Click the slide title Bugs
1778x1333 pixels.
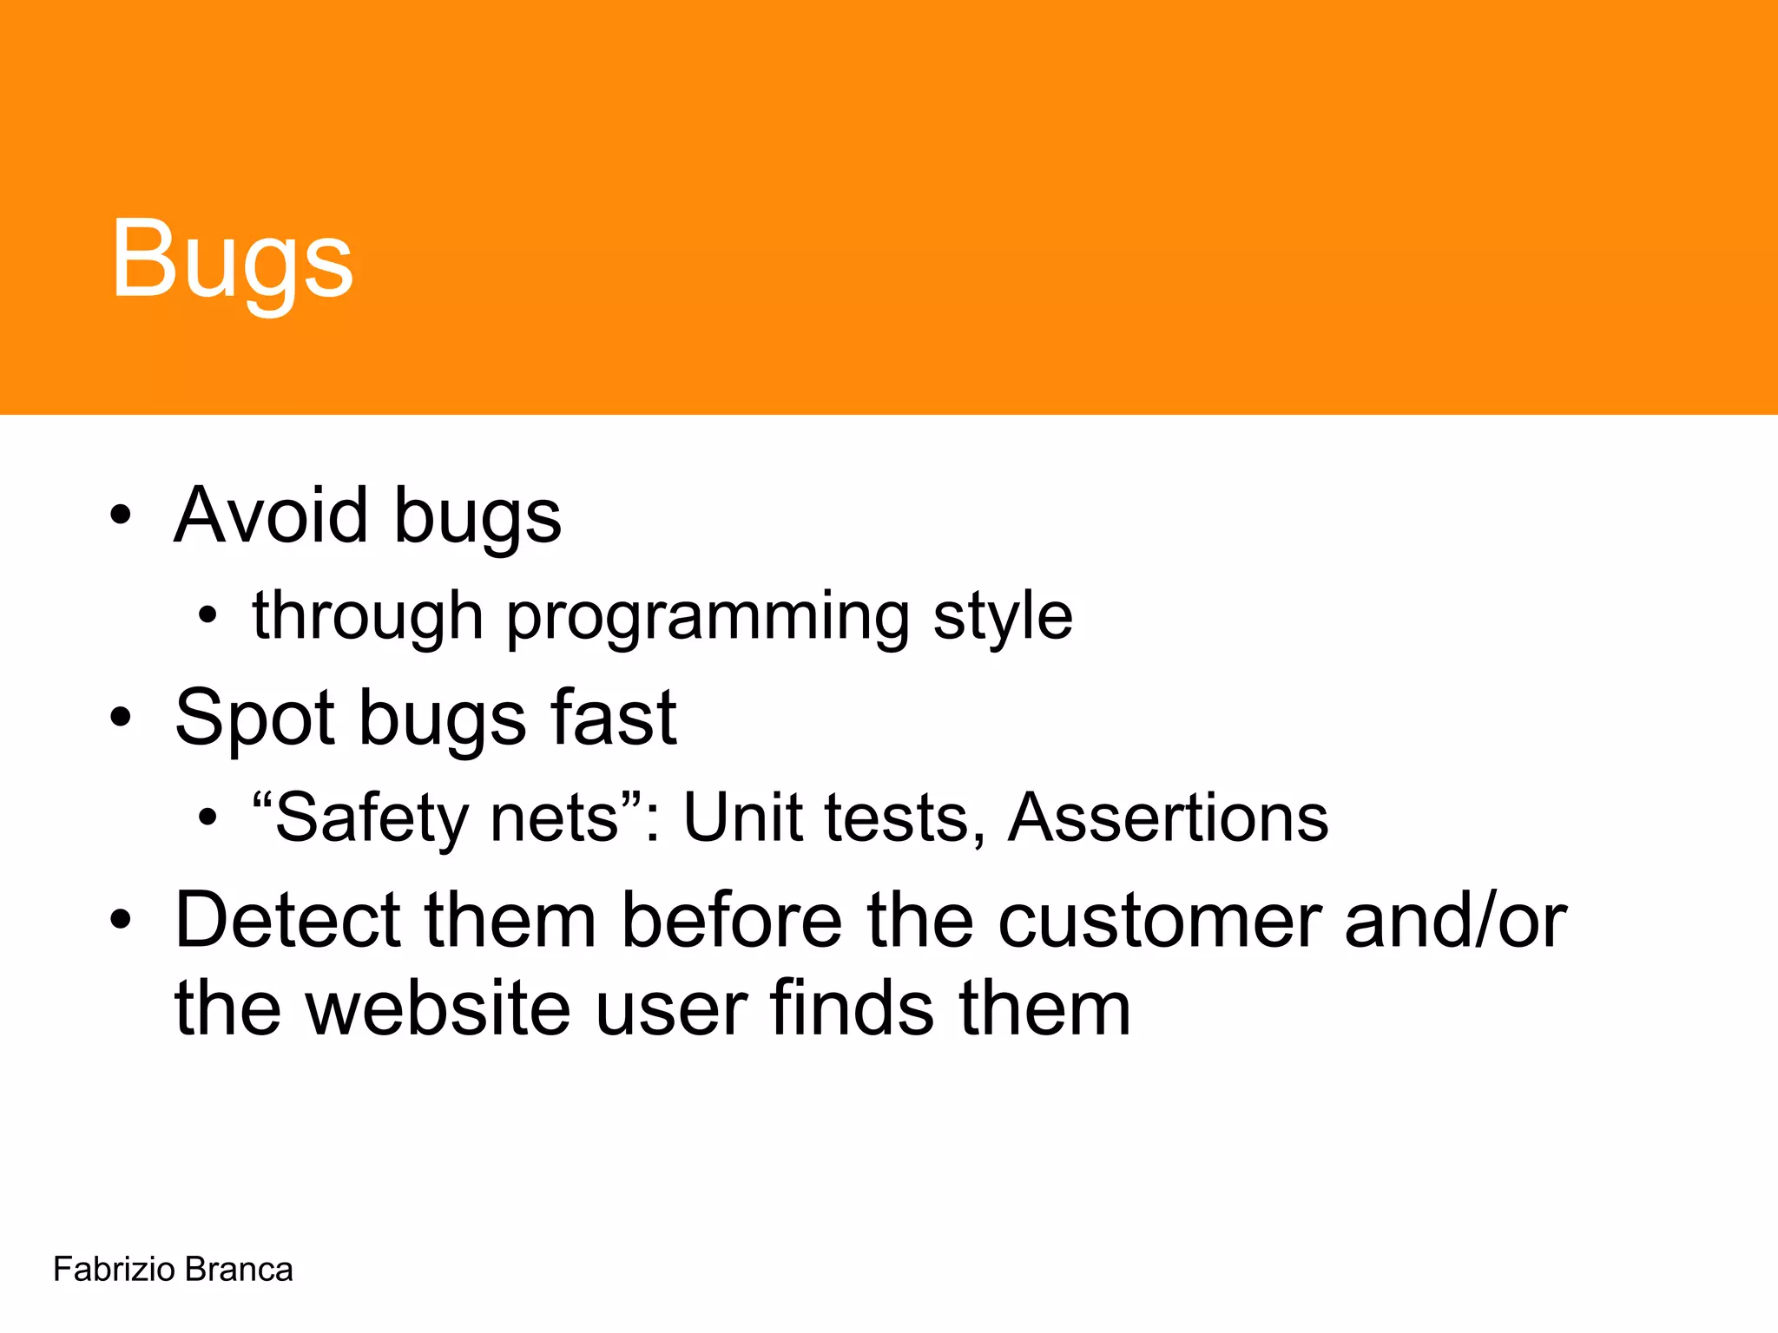coord(232,259)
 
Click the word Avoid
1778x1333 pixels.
coord(270,515)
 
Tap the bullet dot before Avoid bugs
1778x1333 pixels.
coord(121,515)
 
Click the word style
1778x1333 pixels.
coord(1003,616)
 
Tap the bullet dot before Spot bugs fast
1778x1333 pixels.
coord(121,717)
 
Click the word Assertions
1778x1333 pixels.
coord(1168,818)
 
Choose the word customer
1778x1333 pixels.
coord(1159,920)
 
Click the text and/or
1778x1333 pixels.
coord(1455,920)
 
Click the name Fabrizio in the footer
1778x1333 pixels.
coord(115,1270)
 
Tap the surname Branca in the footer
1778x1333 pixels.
coord(239,1270)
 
